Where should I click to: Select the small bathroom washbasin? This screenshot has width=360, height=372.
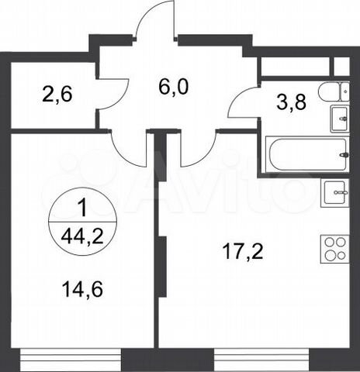click(x=338, y=119)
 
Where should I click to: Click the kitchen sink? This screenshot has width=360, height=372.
click(x=334, y=189)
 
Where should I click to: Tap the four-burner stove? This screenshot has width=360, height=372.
click(x=334, y=249)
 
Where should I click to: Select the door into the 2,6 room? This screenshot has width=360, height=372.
click(x=112, y=97)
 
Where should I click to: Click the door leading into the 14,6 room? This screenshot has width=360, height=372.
click(x=124, y=143)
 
